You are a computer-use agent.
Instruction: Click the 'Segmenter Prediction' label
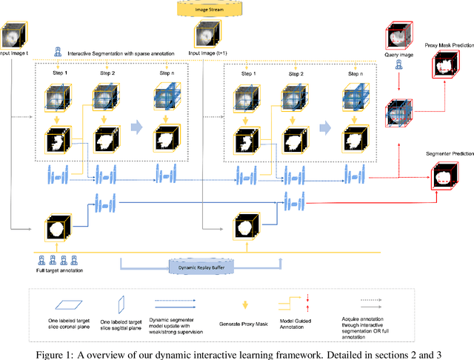(443, 153)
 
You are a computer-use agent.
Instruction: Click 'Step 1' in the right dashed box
(244, 73)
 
